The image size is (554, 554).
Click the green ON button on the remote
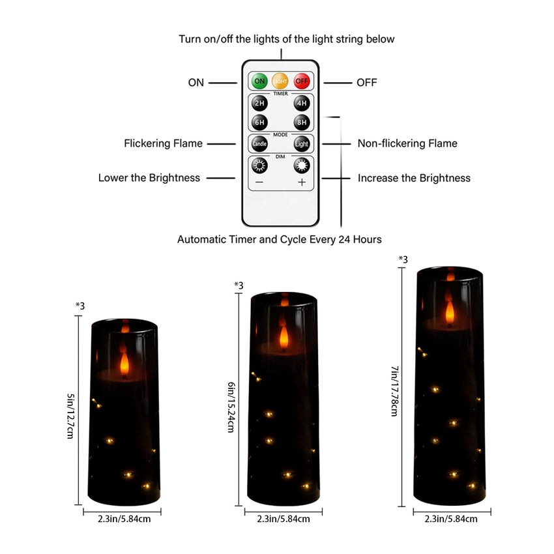tap(259, 81)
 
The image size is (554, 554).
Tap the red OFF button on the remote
tap(301, 81)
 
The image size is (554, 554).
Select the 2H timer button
tap(259, 104)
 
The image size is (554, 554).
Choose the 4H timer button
tap(301, 104)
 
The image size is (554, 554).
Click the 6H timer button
tap(259, 123)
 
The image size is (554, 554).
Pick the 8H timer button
tap(301, 123)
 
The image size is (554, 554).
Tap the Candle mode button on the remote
tap(259, 143)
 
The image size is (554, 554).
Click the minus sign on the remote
tap(259, 182)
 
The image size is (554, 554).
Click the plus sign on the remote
tap(301, 182)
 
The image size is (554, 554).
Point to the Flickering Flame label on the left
tap(163, 143)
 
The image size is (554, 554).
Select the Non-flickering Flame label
tap(407, 143)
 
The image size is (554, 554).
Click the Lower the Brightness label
tap(149, 178)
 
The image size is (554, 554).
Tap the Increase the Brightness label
tap(414, 178)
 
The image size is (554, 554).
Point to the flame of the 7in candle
tap(449, 310)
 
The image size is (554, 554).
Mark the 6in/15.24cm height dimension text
tap(231, 408)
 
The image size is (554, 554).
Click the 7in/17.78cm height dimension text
tap(395, 391)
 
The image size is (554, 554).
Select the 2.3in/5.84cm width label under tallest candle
tap(450, 519)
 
